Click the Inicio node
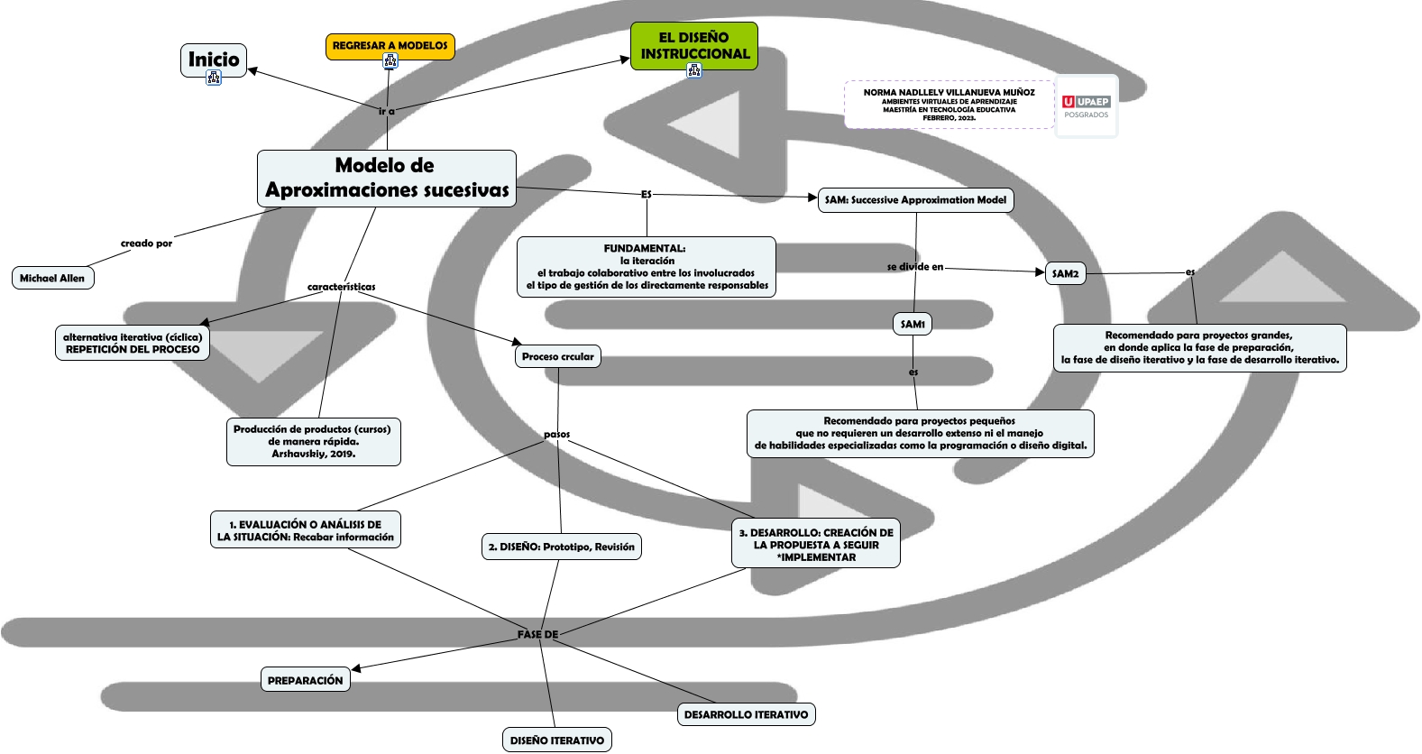pyautogui.click(x=214, y=59)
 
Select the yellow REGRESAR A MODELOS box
pyautogui.click(x=390, y=45)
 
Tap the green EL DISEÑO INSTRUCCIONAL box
pyautogui.click(x=693, y=45)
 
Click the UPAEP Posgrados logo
pyautogui.click(x=1086, y=106)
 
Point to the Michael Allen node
pyautogui.click(x=52, y=278)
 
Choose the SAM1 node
pyautogui.click(x=913, y=324)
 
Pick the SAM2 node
pyautogui.click(x=1065, y=273)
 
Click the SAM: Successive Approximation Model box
pyautogui.click(x=915, y=200)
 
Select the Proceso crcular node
pyautogui.click(x=557, y=356)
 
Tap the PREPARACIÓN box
pyautogui.click(x=305, y=680)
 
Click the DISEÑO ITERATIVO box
pyautogui.click(x=557, y=740)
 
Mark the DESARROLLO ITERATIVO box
pyautogui.click(x=746, y=714)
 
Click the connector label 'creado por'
pyautogui.click(x=146, y=244)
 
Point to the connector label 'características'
pyautogui.click(x=341, y=287)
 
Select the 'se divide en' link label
pyautogui.click(x=914, y=267)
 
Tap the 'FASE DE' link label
pyautogui.click(x=537, y=634)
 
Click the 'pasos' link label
pyautogui.click(x=556, y=434)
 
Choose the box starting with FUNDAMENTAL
pyautogui.click(x=646, y=266)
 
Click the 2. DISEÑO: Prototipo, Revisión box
pyautogui.click(x=561, y=547)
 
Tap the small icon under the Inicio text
pyautogui.click(x=214, y=78)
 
